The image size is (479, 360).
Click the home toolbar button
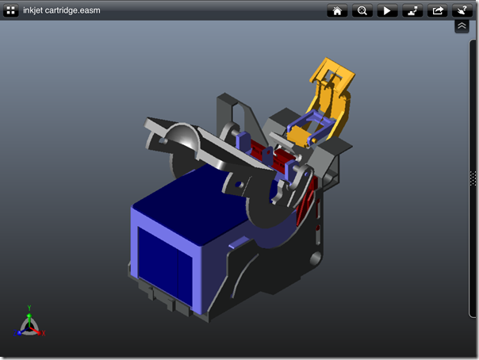click(x=337, y=10)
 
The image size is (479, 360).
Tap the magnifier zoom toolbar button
click(x=362, y=10)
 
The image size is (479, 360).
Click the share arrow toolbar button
click(x=438, y=10)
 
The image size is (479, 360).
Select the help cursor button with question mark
click(x=462, y=10)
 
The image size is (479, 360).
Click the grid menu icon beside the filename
click(x=10, y=10)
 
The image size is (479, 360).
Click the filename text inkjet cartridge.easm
click(x=62, y=10)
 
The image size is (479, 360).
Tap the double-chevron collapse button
click(x=462, y=26)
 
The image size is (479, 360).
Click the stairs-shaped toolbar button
click(x=412, y=10)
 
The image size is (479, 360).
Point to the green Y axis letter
click(x=29, y=308)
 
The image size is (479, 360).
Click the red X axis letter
click(x=44, y=333)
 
